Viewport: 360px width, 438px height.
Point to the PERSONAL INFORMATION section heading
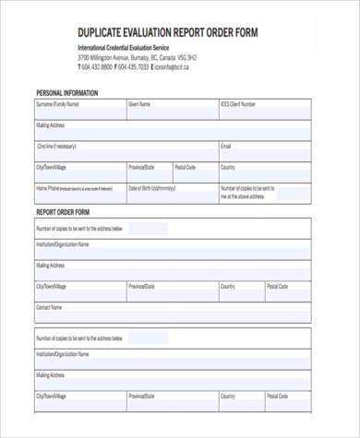[66, 93]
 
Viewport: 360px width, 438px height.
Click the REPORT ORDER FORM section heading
[62, 211]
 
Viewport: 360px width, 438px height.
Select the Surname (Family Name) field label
[57, 104]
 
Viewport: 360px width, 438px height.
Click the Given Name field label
[139, 104]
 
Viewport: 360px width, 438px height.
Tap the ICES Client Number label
[237, 104]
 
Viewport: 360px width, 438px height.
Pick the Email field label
[225, 146]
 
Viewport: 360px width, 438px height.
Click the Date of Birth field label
[151, 188]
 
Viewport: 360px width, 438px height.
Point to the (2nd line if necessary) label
[56, 146]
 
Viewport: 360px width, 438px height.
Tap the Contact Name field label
[49, 306]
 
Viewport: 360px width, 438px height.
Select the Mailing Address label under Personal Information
[50, 124]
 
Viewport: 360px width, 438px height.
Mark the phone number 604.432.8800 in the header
[97, 66]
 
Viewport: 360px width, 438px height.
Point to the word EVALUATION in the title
[172, 32]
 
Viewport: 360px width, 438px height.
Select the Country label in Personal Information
[228, 167]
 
